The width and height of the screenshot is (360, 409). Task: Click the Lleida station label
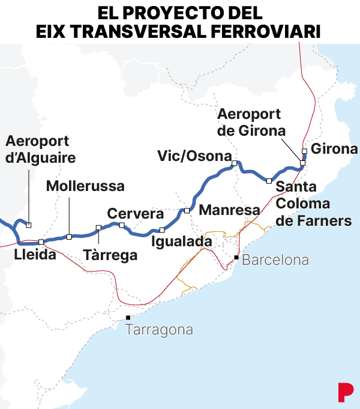tap(35, 255)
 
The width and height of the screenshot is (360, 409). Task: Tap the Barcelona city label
tap(275, 260)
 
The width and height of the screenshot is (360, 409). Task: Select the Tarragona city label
tap(160, 330)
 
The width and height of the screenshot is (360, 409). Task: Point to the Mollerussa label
tap(85, 186)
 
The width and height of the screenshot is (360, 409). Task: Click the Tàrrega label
tap(110, 255)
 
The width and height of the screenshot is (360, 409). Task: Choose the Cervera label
tap(135, 214)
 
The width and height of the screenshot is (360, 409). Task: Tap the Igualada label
tap(182, 241)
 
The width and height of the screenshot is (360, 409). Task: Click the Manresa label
tap(229, 210)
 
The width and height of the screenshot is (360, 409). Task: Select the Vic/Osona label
tap(194, 156)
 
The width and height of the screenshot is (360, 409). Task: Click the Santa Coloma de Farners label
tap(313, 204)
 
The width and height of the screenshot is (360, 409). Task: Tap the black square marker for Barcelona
tap(236, 258)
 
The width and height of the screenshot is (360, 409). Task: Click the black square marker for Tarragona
tap(128, 318)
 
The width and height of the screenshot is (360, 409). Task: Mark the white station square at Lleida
tap(41, 241)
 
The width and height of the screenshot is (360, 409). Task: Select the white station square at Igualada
tap(161, 230)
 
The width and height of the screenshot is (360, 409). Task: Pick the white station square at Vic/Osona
tap(235, 163)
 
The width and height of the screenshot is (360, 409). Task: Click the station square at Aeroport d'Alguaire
tap(28, 225)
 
